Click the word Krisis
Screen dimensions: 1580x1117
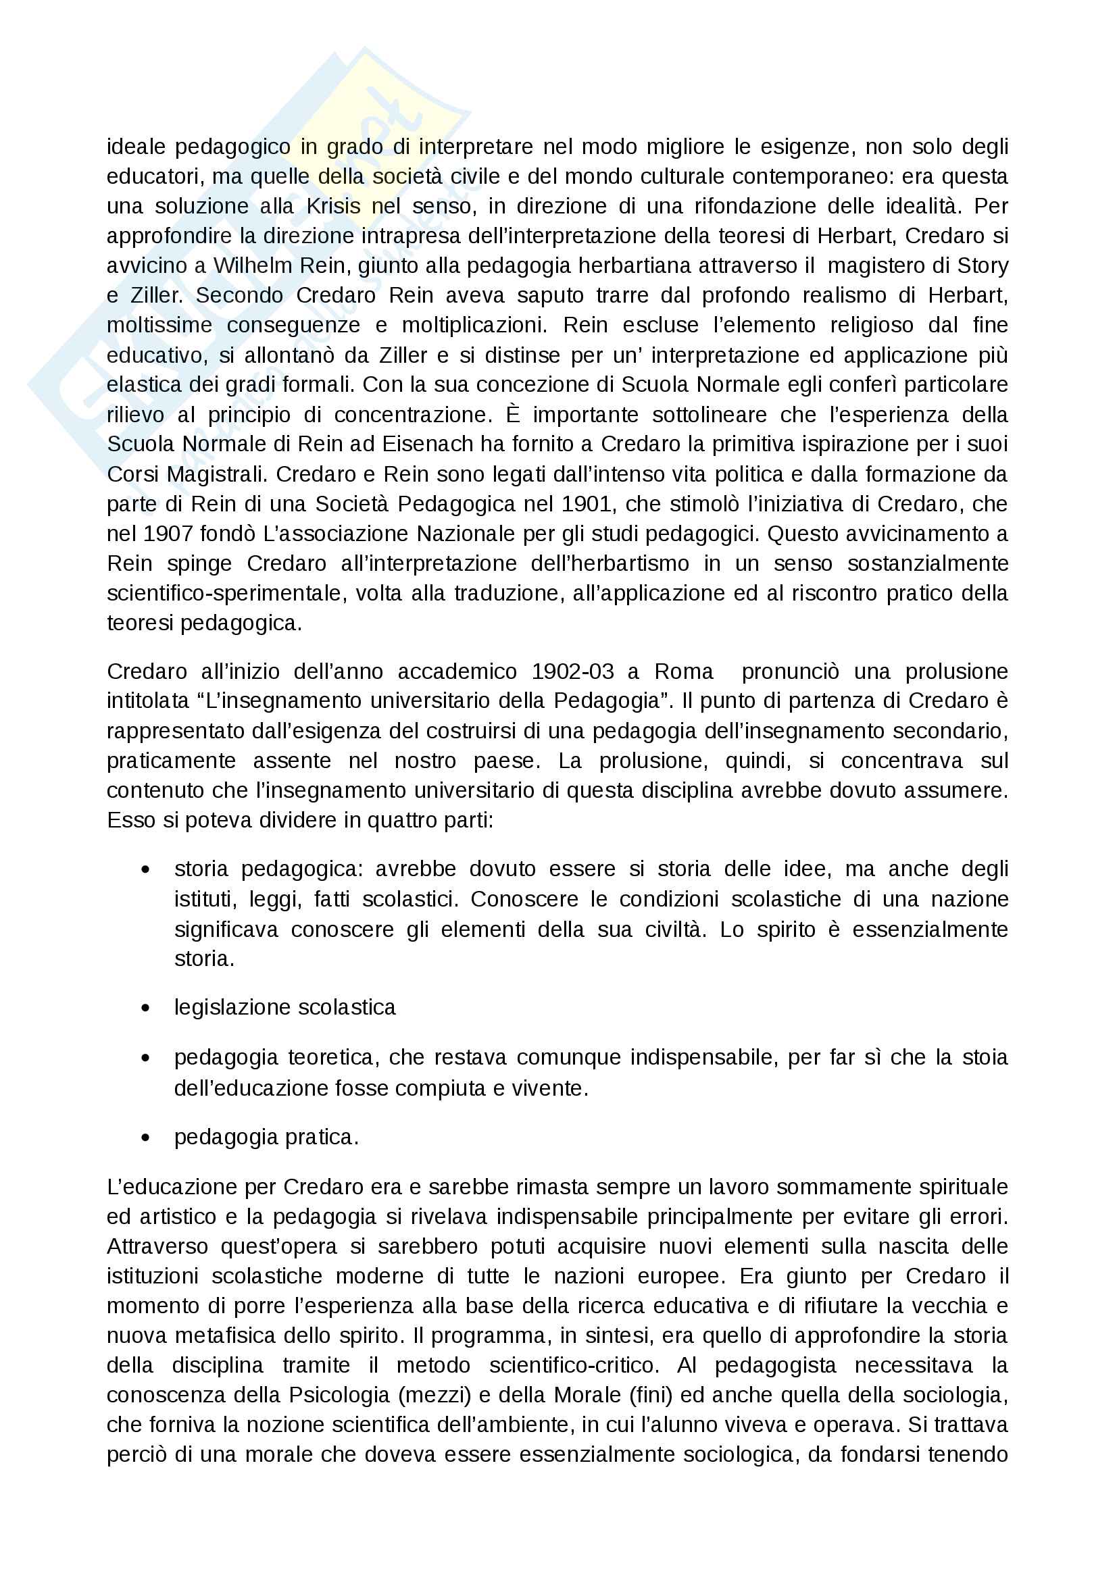pos(334,207)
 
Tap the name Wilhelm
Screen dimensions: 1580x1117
pos(248,265)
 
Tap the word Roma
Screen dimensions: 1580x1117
pos(683,671)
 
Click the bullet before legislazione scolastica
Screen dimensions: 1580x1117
pos(145,1008)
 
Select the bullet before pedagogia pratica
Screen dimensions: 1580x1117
pos(145,1138)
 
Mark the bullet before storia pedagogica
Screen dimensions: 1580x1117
pos(145,870)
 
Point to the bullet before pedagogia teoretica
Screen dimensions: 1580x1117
pos(145,1058)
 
